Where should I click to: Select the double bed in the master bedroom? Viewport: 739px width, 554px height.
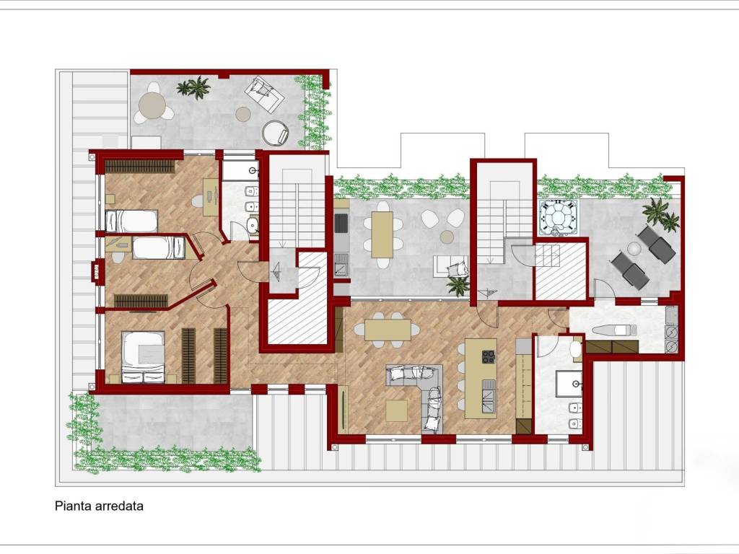coord(144,356)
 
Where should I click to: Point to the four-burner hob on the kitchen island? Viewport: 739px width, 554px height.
coord(489,356)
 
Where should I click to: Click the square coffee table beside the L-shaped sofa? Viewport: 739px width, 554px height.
coord(397,410)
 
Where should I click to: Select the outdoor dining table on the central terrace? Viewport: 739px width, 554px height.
coord(382,235)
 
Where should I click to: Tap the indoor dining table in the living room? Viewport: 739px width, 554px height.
coord(388,330)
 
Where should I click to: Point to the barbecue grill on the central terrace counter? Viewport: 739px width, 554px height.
coord(341,224)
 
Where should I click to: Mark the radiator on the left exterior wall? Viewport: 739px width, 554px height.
coord(97,271)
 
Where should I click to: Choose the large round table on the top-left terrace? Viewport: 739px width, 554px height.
coord(153,105)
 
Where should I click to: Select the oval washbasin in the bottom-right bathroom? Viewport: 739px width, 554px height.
coord(576,349)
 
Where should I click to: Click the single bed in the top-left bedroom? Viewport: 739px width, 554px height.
coord(131,221)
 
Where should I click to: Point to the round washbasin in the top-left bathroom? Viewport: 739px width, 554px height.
coord(253,225)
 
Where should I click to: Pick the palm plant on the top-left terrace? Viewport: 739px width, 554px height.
coord(195,87)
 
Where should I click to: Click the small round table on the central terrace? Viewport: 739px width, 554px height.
coord(447,237)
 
